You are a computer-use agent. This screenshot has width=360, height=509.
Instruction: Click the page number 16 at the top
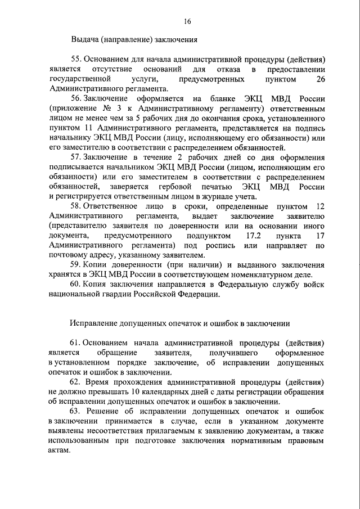pyautogui.click(x=187, y=21)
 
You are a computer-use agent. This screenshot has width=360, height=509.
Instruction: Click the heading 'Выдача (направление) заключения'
pyautogui.click(x=134, y=40)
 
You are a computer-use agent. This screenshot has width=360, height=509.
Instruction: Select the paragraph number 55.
pyautogui.click(x=75, y=59)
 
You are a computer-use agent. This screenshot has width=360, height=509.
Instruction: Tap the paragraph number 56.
pyautogui.click(x=75, y=98)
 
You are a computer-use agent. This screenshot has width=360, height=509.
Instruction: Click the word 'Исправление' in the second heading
pyautogui.click(x=93, y=323)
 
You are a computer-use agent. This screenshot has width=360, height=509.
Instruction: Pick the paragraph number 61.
pyautogui.click(x=75, y=343)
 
